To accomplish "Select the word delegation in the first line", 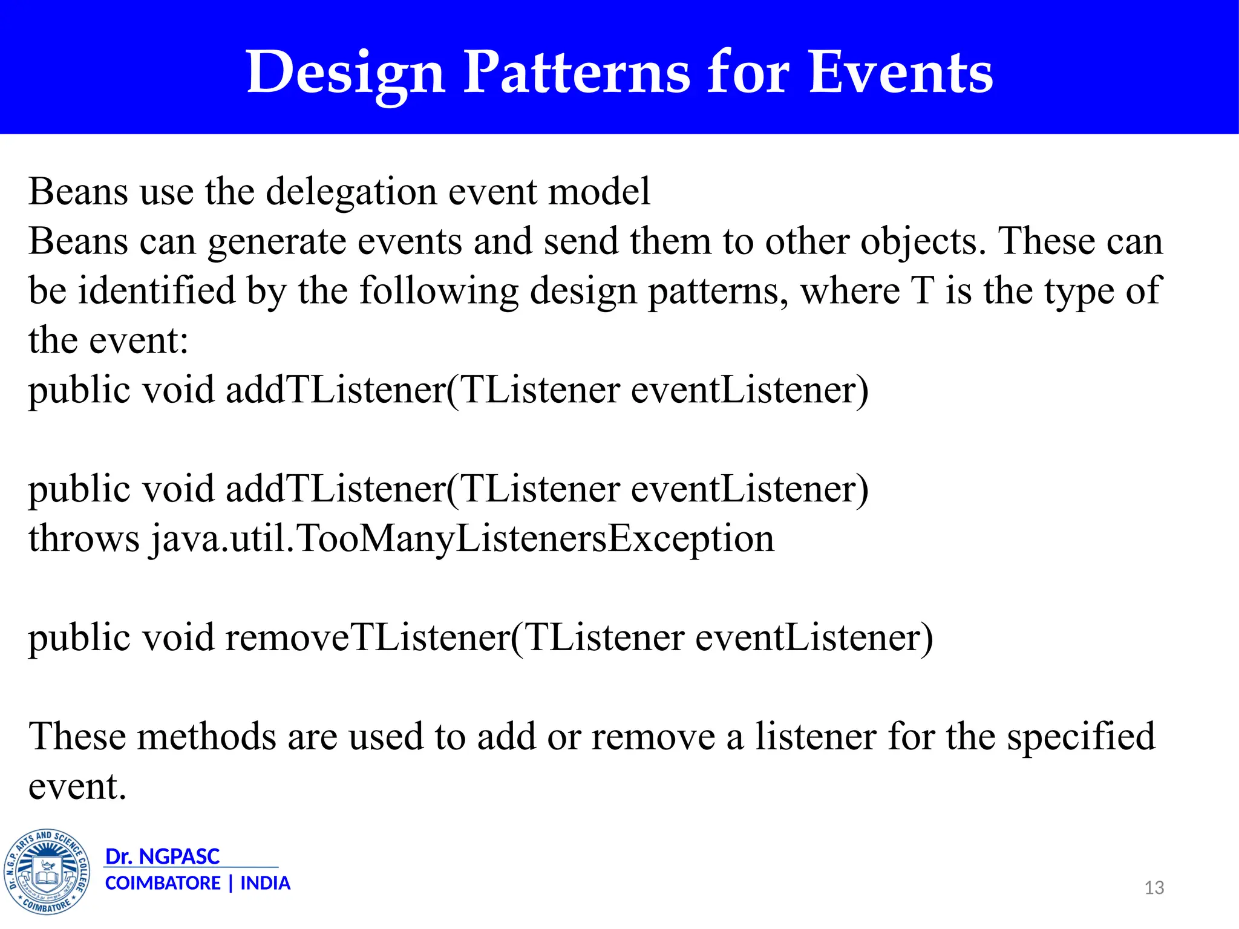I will pyautogui.click(x=351, y=192).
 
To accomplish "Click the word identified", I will pyautogui.click(x=157, y=291).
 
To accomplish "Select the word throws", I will pyautogui.click(x=83, y=538).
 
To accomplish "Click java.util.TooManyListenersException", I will pyautogui.click(x=463, y=538).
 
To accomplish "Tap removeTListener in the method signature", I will pyautogui.click(x=368, y=637).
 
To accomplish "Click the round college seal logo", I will pyautogui.click(x=47, y=872).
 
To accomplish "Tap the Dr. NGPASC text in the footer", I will pyautogui.click(x=162, y=856).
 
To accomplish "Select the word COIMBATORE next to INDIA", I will pyautogui.click(x=163, y=883).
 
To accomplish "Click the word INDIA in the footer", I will pyautogui.click(x=265, y=883).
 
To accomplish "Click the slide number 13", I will pyautogui.click(x=1154, y=887).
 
